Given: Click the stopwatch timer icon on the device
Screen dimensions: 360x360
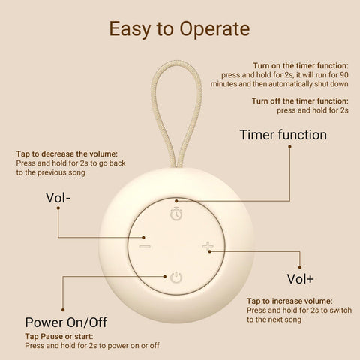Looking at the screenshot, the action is point(176,214).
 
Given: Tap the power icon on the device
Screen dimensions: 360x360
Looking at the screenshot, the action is point(176,277).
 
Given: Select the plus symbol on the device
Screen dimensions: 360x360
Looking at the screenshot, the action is point(208,246).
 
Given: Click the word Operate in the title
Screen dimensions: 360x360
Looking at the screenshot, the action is point(214,29).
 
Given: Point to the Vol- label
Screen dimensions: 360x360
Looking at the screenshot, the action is point(58,198).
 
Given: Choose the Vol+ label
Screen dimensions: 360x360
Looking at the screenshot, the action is point(300,279).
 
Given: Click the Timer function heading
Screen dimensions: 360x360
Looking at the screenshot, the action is point(283,135).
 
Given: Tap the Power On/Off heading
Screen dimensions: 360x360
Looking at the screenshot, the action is point(66,322).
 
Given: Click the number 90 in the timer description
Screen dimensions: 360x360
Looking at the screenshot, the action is point(343,75).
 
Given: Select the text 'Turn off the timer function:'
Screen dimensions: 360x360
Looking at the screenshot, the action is point(300,101).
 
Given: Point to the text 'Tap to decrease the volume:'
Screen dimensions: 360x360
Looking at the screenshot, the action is point(67,154).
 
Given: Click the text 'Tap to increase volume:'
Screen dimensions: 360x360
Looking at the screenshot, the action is point(289,301).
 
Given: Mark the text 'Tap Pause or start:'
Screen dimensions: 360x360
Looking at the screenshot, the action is point(59,336).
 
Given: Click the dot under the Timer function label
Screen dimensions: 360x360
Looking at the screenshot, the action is point(289,147).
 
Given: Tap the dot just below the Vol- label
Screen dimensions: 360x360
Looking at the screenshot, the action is point(58,208).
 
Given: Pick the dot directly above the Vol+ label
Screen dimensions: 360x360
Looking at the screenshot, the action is point(300,267).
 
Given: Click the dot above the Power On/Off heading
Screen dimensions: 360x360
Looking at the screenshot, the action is point(63,310).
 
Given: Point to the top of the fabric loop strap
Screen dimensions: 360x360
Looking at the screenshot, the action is point(177,61).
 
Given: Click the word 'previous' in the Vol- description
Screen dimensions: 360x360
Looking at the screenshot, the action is point(54,172).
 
